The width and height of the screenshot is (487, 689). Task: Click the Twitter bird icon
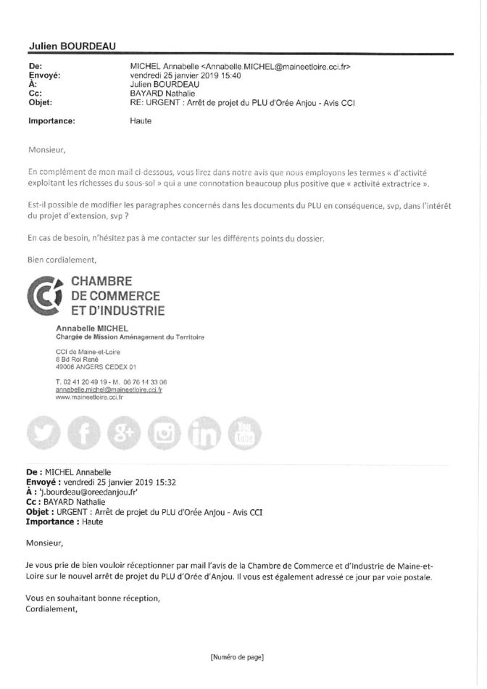[x=43, y=435]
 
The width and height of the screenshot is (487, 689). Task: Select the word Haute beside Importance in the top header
[x=133, y=120]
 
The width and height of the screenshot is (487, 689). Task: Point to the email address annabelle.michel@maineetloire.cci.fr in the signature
[x=109, y=389]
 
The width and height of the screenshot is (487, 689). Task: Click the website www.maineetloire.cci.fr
[x=89, y=397]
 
